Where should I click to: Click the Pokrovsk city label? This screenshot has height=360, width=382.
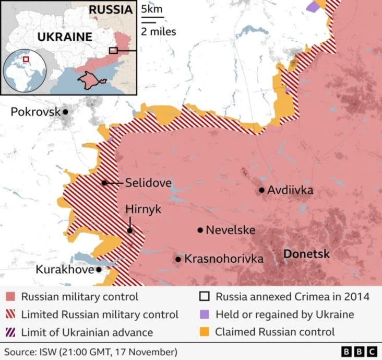[34, 112]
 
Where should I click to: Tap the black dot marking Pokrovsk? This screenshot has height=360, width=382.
[66, 112]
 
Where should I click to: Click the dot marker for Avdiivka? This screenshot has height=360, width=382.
[261, 191]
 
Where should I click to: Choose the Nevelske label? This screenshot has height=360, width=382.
[230, 230]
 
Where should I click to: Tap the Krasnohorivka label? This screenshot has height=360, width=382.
[224, 259]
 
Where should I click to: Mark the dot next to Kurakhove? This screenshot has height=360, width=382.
[99, 270]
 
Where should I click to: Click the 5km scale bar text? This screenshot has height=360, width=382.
[152, 10]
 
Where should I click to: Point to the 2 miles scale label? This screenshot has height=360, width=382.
[158, 31]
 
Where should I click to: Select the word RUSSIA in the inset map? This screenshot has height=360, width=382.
[110, 9]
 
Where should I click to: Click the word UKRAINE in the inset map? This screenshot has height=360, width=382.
[64, 37]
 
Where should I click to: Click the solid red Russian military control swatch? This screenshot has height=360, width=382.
[10, 297]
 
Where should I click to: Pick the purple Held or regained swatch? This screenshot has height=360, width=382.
[205, 315]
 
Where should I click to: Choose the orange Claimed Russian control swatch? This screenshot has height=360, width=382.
[205, 332]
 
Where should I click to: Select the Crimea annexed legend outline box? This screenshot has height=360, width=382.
[205, 297]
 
